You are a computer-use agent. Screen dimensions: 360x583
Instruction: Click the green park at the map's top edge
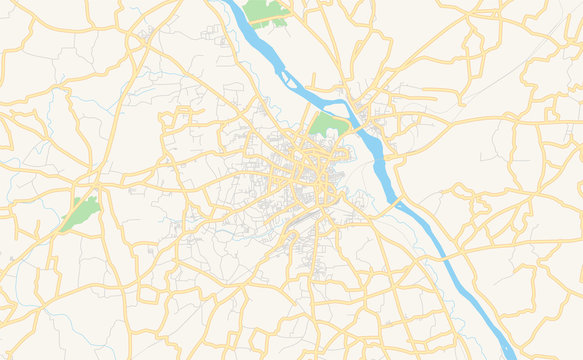tap(263, 12)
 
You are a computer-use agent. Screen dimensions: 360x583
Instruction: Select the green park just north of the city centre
tap(327, 125)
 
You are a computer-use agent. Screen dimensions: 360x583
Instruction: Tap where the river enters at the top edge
tap(230, 3)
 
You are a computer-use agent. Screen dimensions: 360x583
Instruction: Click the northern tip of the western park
tap(92, 198)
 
